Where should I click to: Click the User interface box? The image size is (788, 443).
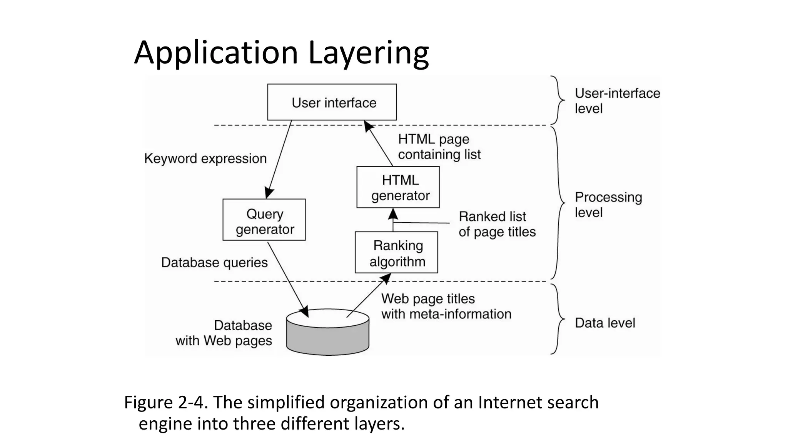click(x=332, y=102)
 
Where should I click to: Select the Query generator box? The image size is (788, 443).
click(x=264, y=220)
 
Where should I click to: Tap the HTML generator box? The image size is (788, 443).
click(x=398, y=187)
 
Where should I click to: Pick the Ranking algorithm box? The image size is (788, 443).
click(x=396, y=253)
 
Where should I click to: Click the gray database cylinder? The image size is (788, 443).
click(x=328, y=337)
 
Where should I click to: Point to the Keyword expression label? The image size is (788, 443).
click(x=205, y=158)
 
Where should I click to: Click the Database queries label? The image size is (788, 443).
click(x=214, y=262)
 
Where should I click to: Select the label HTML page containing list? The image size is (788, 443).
click(x=439, y=147)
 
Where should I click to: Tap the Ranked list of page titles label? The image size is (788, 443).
click(x=497, y=224)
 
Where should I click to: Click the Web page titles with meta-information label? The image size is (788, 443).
click(x=446, y=306)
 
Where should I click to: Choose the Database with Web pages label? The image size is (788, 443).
click(x=224, y=333)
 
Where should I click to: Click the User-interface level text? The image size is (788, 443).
click(x=617, y=101)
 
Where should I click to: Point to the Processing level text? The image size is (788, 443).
click(x=608, y=205)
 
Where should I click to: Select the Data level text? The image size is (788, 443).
click(x=604, y=323)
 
